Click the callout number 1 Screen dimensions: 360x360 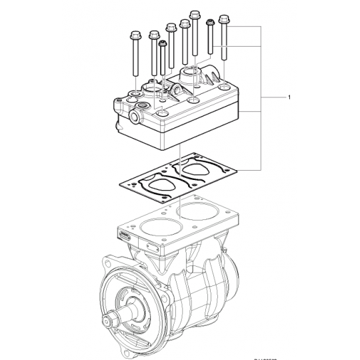click(x=289, y=97)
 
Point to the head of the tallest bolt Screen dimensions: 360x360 click(x=195, y=13)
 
